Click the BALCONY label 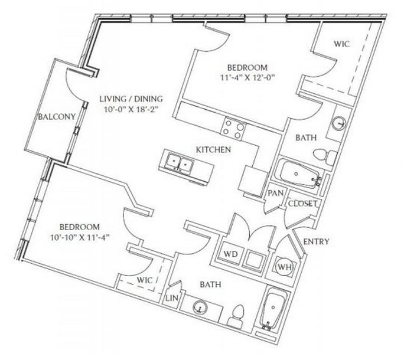(57, 117)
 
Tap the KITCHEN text (213, 150)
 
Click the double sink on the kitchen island (180, 163)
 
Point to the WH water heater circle (284, 267)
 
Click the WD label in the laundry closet (230, 254)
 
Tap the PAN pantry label (276, 193)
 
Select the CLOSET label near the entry (303, 204)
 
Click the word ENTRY (316, 241)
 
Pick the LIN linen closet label (172, 298)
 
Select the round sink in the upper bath (338, 124)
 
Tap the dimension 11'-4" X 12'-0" (246, 77)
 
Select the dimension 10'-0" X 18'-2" (131, 109)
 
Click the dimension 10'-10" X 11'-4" (80, 237)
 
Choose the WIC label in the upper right (342, 44)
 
